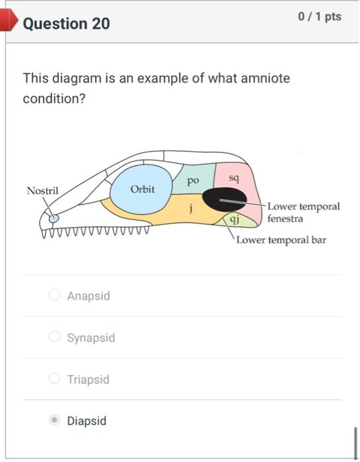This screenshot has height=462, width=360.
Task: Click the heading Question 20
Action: pos(66,24)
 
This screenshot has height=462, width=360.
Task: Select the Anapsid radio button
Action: pos(55,295)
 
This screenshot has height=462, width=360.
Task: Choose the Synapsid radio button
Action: pos(55,337)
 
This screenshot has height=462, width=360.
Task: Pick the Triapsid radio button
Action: pos(55,379)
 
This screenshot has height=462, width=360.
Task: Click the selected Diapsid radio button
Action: pos(55,420)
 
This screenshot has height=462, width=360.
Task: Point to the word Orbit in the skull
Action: pos(142,189)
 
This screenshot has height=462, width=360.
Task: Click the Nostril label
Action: pos(42,191)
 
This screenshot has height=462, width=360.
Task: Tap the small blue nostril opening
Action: pos(54,218)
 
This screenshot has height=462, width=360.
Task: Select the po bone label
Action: pos(192,179)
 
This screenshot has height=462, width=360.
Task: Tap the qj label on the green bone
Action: pos(235,220)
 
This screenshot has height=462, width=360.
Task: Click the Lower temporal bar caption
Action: pos(281,240)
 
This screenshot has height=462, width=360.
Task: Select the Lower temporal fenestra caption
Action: pos(303,212)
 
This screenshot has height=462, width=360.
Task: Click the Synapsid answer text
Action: pos(90,337)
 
